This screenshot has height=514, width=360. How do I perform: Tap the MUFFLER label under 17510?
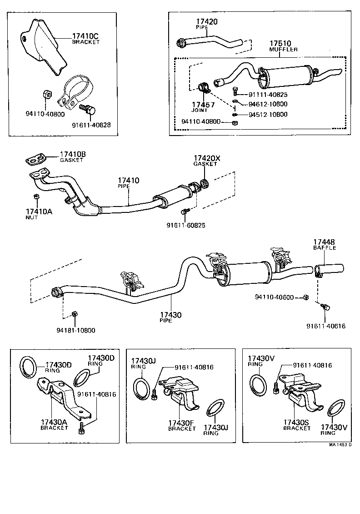(x=283, y=49)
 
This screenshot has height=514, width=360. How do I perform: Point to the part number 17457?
(x=202, y=105)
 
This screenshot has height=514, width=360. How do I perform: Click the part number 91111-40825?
(x=268, y=95)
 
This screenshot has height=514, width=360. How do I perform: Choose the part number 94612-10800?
(x=268, y=104)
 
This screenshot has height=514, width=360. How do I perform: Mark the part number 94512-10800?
(x=268, y=115)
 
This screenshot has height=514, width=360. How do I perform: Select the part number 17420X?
(x=206, y=158)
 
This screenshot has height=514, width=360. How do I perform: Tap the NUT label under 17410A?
(x=32, y=218)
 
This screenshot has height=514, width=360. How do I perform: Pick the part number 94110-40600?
(x=282, y=297)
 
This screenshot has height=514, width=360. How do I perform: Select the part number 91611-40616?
(x=326, y=326)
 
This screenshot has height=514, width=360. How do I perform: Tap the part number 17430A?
(x=54, y=422)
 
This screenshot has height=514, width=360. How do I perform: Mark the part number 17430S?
(x=296, y=423)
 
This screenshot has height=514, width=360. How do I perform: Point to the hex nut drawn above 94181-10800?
(x=75, y=314)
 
